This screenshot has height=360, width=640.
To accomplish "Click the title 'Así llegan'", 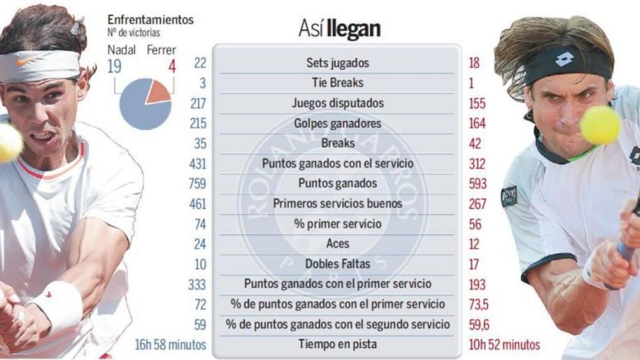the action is click(x=339, y=29).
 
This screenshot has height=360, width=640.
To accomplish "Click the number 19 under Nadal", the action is click(x=115, y=66).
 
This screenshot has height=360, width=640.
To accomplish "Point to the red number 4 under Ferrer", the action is click(x=172, y=66).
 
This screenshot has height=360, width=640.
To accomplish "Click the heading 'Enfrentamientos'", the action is click(x=151, y=19).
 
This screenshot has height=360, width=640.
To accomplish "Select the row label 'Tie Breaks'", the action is click(x=337, y=83).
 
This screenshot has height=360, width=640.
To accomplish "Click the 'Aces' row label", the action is click(x=337, y=244).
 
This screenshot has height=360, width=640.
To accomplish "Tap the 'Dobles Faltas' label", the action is click(x=337, y=263).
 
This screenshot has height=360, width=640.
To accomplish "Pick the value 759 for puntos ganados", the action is click(x=197, y=184).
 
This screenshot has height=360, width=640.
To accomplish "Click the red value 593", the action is click(x=478, y=184).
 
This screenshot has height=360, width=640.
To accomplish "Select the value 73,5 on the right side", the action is click(x=478, y=305).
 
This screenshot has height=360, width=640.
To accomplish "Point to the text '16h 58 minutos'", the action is click(x=170, y=345).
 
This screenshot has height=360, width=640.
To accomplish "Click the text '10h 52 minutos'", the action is click(x=504, y=345).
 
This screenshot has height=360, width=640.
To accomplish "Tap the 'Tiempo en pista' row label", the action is click(x=337, y=344).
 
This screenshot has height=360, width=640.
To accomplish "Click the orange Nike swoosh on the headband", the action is click(x=26, y=62).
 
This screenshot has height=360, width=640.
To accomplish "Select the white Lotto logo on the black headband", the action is click(x=565, y=60).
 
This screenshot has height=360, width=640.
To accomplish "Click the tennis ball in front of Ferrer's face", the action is click(x=600, y=125).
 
